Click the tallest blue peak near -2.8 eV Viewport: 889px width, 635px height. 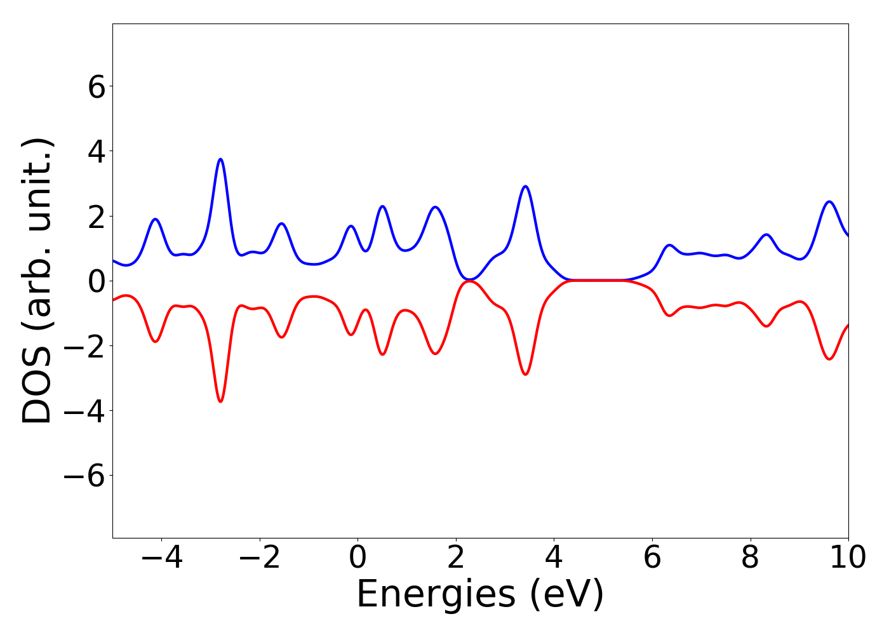tap(220, 159)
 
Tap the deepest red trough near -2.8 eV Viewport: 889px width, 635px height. tap(220, 401)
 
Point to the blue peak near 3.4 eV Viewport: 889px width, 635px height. tap(525, 187)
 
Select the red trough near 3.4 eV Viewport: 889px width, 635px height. tap(525, 374)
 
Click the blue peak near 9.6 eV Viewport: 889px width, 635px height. tap(829, 202)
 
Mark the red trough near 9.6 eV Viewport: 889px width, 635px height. tap(829, 359)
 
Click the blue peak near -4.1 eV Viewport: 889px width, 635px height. tap(155, 219)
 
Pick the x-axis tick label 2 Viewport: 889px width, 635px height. tap(456, 558)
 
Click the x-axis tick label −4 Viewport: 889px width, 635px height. tap(161, 558)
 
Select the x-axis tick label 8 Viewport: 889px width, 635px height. tap(750, 558)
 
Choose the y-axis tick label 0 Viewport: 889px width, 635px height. tap(97, 281)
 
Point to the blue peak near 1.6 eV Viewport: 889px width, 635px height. tap(435, 207)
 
